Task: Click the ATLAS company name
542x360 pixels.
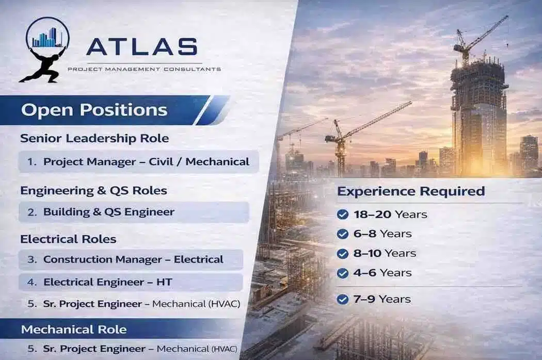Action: pyautogui.click(x=141, y=46)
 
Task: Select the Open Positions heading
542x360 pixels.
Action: pyautogui.click(x=94, y=110)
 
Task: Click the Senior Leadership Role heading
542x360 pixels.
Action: pyautogui.click(x=94, y=138)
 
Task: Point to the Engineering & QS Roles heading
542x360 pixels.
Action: pyautogui.click(x=93, y=190)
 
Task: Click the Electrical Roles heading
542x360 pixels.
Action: pyautogui.click(x=68, y=239)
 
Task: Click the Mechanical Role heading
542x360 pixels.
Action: pyautogui.click(x=74, y=329)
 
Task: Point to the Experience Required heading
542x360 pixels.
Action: pyautogui.click(x=411, y=191)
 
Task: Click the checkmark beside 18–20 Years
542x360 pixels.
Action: pyautogui.click(x=342, y=215)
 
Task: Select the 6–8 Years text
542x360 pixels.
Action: pyautogui.click(x=382, y=234)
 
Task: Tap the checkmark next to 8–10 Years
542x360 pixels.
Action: pyautogui.click(x=342, y=253)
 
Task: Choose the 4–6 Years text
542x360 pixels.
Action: pyautogui.click(x=382, y=273)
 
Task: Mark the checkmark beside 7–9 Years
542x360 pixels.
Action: pyautogui.click(x=342, y=299)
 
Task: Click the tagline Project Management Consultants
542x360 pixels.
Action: pyautogui.click(x=144, y=69)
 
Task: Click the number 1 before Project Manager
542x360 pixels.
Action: pyautogui.click(x=31, y=161)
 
